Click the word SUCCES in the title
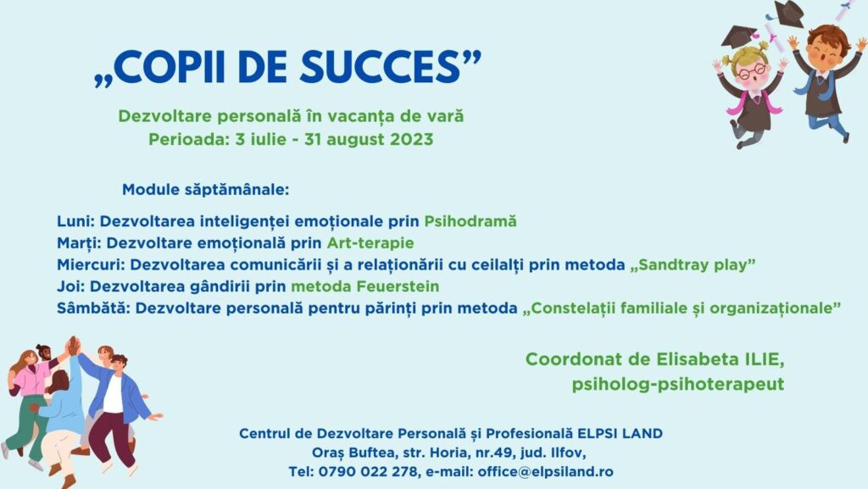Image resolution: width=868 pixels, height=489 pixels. [x=380, y=67]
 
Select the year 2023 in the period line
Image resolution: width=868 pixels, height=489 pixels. [x=411, y=139]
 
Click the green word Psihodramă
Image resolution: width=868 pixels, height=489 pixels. [x=470, y=221]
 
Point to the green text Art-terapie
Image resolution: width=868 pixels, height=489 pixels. [x=370, y=243]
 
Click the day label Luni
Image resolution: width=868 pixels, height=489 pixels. [x=75, y=221]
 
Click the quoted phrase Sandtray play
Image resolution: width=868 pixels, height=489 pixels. [x=693, y=264]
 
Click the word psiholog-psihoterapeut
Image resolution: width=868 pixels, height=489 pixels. [x=678, y=384]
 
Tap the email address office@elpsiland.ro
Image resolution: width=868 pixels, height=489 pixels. [x=545, y=472]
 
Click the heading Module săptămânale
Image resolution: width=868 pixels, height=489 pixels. [x=205, y=190]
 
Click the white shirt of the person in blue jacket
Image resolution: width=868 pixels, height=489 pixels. [x=113, y=394]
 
